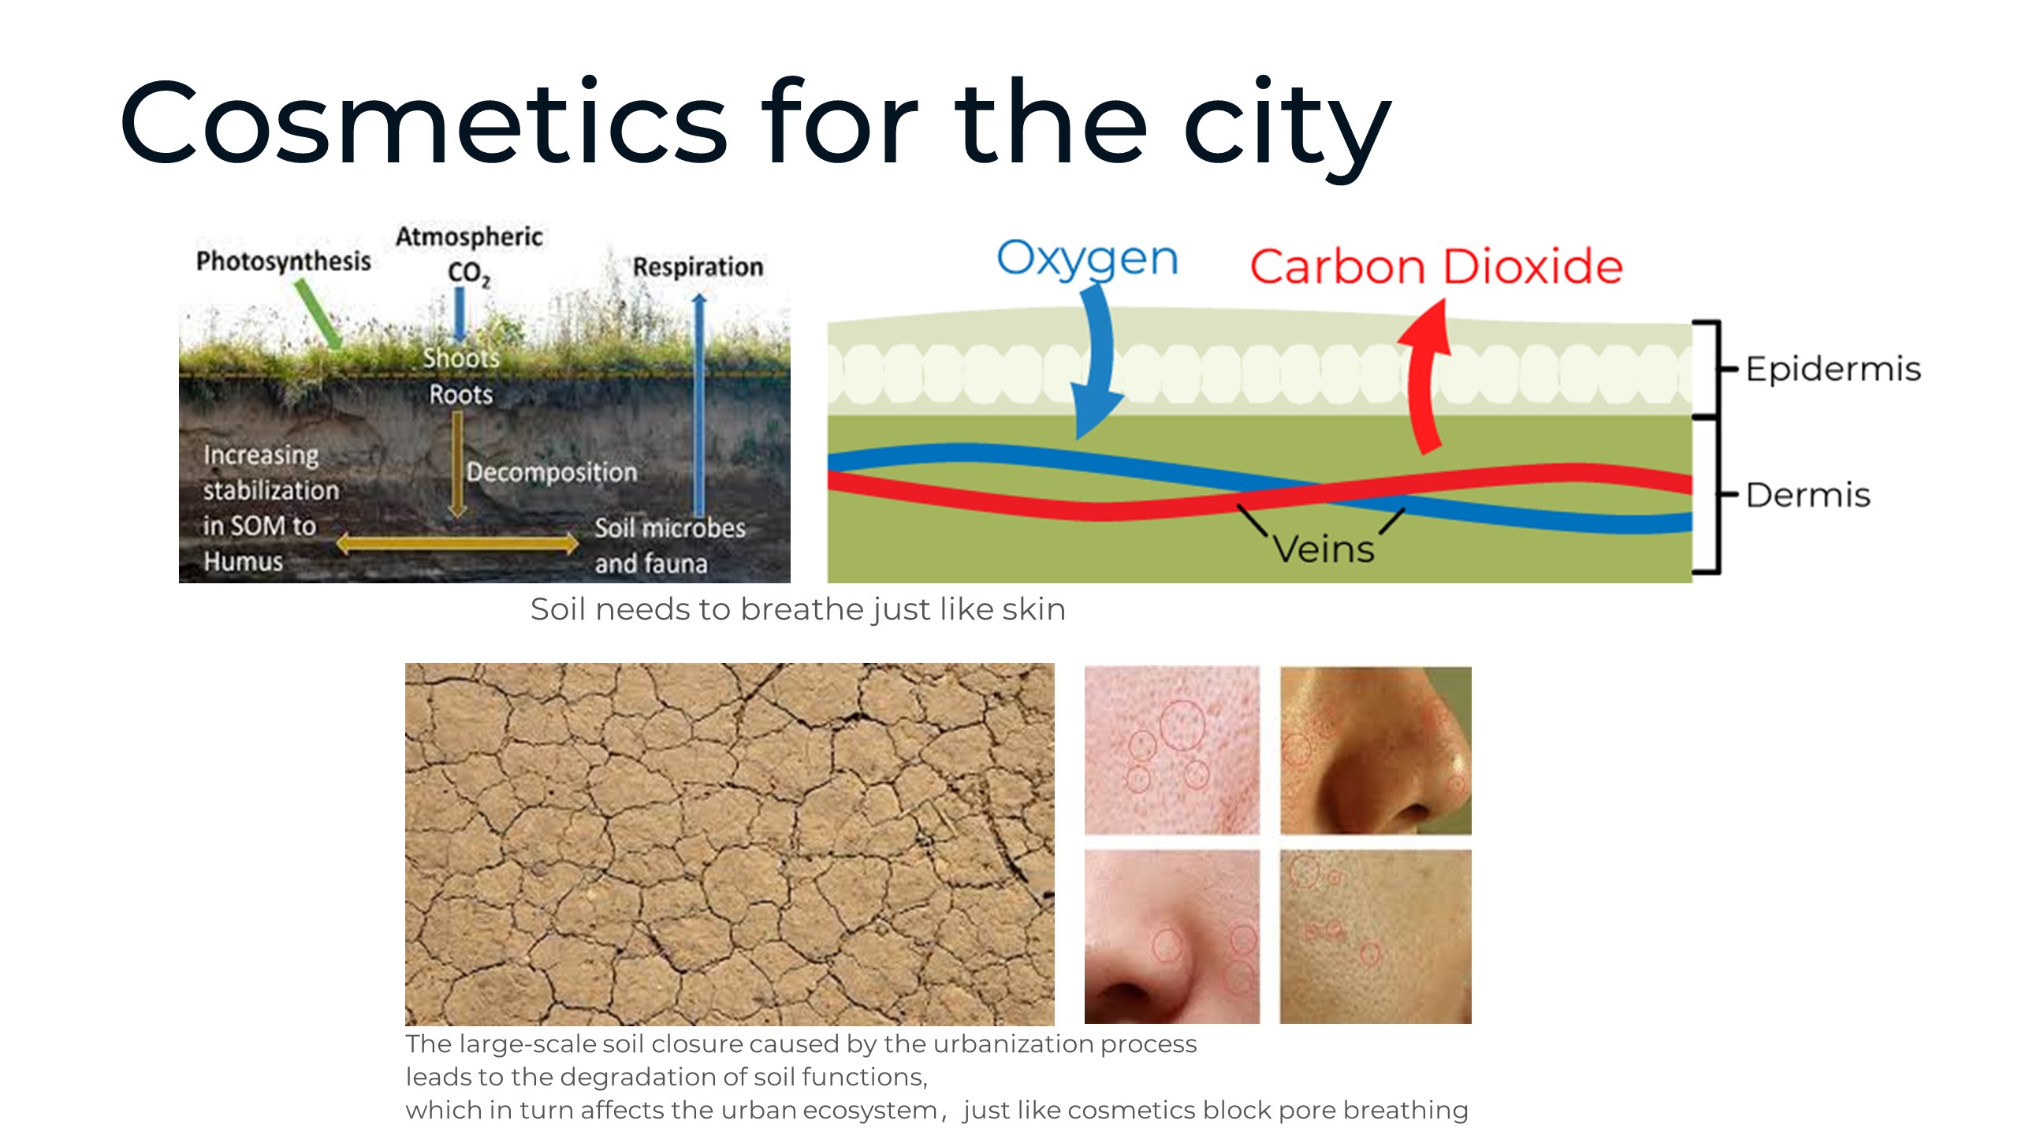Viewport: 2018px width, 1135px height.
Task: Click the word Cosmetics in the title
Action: [x=424, y=123]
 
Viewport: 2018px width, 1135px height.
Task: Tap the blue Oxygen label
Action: [x=1087, y=259]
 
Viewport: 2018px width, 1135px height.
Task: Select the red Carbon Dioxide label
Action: [x=1436, y=266]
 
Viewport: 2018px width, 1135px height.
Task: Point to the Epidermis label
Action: [x=1834, y=369]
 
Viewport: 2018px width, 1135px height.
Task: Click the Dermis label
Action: [x=1808, y=495]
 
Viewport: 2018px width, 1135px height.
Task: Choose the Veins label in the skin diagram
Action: [x=1324, y=549]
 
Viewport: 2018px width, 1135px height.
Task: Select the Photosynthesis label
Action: [x=284, y=261]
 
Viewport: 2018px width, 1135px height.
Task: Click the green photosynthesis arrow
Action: [x=318, y=314]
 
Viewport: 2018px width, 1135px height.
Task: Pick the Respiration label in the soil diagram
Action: [x=698, y=266]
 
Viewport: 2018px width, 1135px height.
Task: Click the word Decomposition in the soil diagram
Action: [x=551, y=472]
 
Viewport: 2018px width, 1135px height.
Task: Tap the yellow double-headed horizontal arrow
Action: [x=458, y=543]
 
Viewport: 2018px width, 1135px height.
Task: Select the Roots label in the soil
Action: [x=460, y=394]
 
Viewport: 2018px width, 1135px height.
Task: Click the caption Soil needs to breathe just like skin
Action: [x=798, y=609]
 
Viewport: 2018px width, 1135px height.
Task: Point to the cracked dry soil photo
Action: [x=730, y=843]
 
